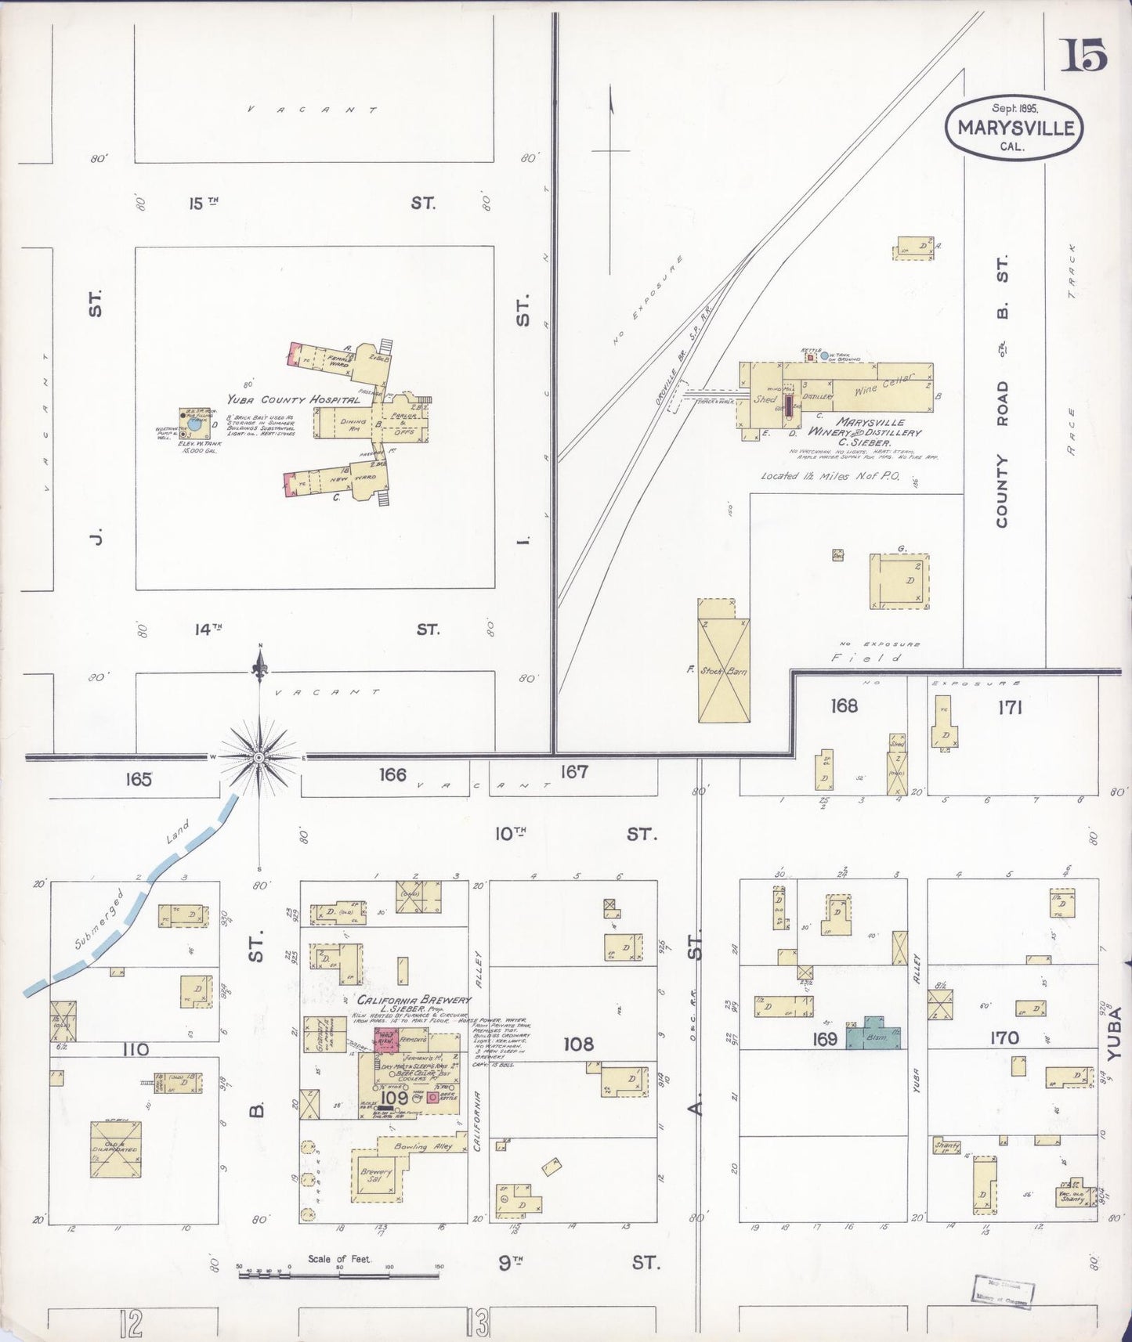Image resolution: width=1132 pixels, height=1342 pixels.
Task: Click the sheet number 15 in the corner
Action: click(x=1084, y=56)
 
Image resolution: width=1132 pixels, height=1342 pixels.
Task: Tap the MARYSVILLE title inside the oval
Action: click(x=1014, y=128)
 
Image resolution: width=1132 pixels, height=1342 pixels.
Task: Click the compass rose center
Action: click(x=259, y=758)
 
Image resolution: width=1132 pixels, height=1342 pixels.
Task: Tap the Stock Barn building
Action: click(x=723, y=659)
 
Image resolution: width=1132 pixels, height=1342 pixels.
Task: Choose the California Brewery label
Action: click(x=414, y=1000)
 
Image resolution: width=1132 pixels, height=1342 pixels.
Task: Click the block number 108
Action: click(x=578, y=1044)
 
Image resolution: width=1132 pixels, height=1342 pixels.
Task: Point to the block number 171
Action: click(x=1011, y=708)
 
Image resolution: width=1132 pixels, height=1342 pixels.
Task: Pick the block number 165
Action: click(x=137, y=779)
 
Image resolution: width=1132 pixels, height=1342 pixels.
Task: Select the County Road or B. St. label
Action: click(x=1003, y=391)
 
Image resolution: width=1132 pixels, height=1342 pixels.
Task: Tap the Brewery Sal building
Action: click(x=376, y=1176)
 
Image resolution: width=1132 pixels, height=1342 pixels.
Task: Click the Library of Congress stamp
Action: click(x=1004, y=1290)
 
